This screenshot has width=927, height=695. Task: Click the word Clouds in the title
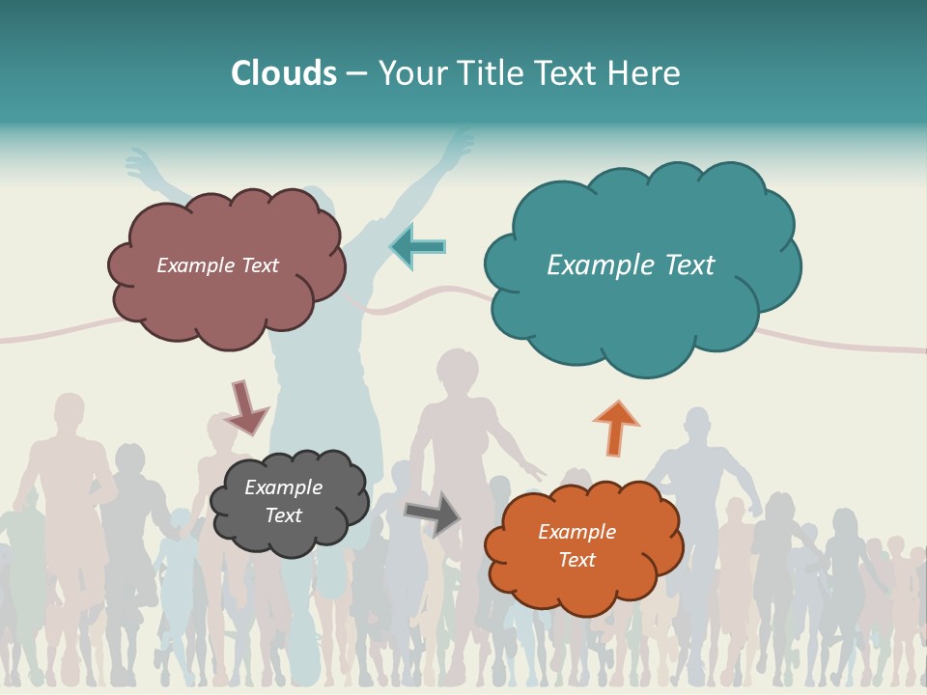284,73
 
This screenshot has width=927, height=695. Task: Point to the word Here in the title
644,73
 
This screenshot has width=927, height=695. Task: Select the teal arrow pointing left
418,247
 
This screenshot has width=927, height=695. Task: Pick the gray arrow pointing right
432,514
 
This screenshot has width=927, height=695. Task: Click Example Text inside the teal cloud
631,265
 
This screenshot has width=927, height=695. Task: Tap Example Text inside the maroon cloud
217,265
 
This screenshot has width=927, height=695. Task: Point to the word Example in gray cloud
283,488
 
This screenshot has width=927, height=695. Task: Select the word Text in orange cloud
576,560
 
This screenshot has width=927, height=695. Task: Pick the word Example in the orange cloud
576,532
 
